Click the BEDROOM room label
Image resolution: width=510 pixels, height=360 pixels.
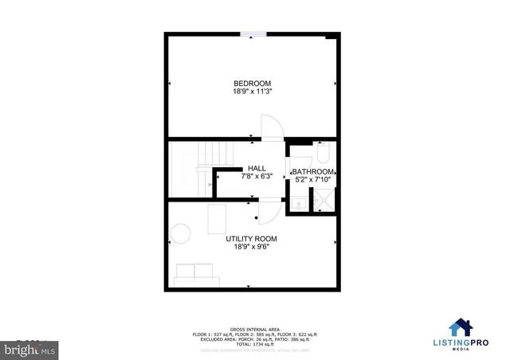[x=252, y=84]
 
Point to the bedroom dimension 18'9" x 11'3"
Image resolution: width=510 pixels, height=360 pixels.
[x=252, y=93]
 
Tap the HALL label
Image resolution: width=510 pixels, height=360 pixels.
[x=257, y=168]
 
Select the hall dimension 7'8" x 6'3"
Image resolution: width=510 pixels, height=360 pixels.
[x=257, y=177]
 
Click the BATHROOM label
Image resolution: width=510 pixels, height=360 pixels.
[x=312, y=171]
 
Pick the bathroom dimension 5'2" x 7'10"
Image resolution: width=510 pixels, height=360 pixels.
[x=312, y=180]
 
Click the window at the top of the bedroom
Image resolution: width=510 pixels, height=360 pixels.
[x=253, y=34]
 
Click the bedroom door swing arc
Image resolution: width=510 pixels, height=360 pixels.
[x=272, y=127]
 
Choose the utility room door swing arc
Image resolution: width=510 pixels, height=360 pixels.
[x=271, y=212]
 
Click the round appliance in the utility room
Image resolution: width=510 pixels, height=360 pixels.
[x=182, y=233]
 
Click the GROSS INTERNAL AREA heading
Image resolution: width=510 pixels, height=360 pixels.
[x=254, y=328]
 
